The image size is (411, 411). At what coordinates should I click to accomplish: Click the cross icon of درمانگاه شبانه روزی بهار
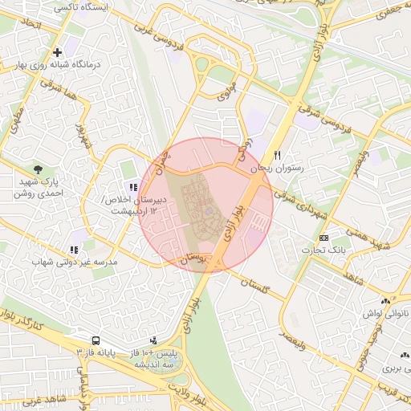57,53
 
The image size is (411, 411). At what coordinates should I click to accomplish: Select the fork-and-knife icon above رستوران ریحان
278,154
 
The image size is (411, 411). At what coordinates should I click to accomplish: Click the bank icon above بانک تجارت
324,238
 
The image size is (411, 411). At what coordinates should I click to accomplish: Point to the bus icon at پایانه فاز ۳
96,340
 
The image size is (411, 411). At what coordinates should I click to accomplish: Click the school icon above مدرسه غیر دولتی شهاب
75,250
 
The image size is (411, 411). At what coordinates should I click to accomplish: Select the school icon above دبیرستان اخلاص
133,186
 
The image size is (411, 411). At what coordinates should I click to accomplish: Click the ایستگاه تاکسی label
83,6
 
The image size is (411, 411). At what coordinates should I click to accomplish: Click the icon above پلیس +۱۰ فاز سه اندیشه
153,340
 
